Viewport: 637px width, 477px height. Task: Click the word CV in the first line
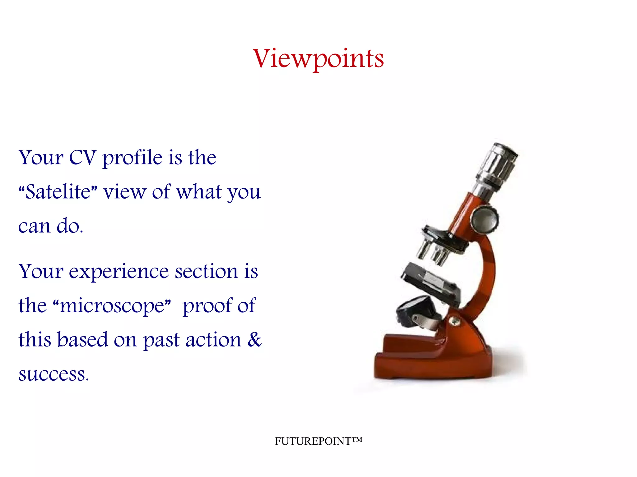(x=82, y=158)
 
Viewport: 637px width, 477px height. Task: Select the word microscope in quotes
(x=112, y=305)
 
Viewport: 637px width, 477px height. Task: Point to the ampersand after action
(x=255, y=339)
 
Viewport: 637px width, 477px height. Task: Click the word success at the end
(x=53, y=374)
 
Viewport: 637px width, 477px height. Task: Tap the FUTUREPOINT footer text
(x=318, y=441)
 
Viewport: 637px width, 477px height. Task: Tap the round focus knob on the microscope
(x=484, y=219)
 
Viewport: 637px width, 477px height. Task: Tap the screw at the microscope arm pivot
(x=454, y=321)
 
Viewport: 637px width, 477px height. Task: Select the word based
(x=82, y=339)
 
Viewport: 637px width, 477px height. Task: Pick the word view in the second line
(x=124, y=192)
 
